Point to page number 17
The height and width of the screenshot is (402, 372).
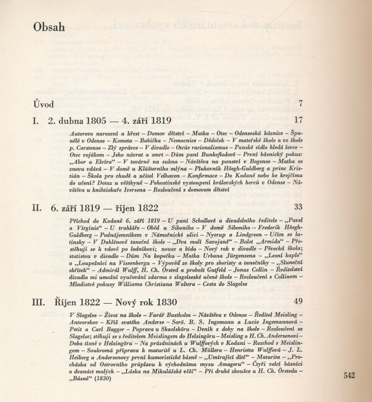pos(298,119)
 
